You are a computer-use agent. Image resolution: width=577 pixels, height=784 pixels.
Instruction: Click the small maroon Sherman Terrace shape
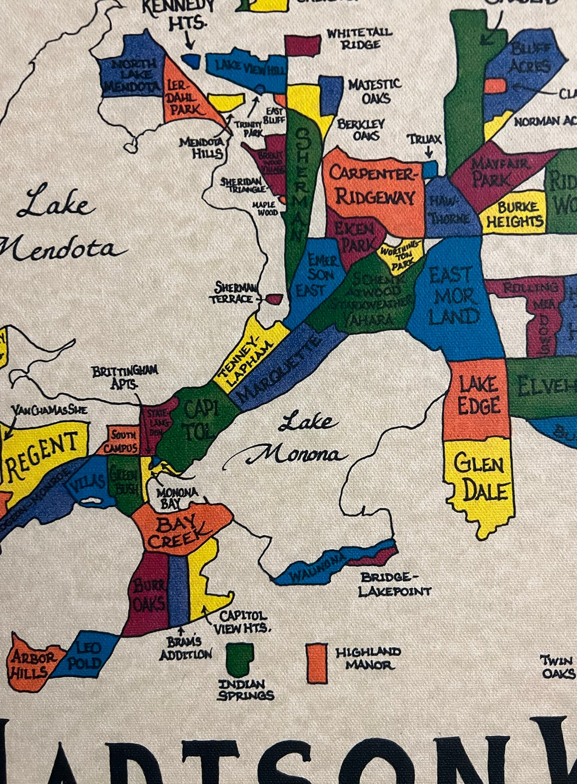click(x=274, y=299)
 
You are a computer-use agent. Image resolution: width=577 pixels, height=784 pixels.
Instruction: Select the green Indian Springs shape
click(x=239, y=660)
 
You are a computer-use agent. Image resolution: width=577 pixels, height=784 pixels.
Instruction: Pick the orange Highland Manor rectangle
click(x=316, y=663)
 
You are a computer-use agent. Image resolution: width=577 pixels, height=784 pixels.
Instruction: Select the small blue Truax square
click(x=430, y=169)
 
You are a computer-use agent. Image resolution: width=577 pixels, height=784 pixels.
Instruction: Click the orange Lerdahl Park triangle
click(x=183, y=97)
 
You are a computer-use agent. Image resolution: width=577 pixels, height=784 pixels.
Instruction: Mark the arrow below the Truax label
click(x=428, y=152)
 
